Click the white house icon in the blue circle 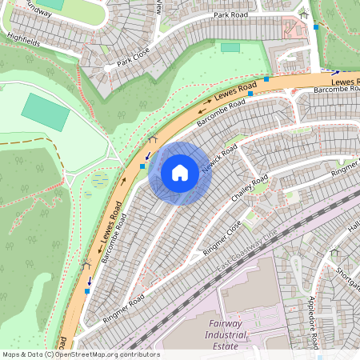click(180, 172)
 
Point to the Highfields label click(22, 37)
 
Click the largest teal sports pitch click(45, 112)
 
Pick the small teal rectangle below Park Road click(230, 47)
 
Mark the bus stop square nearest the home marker click(143, 166)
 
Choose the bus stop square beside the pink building click(316, 27)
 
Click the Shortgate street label click(349, 275)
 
